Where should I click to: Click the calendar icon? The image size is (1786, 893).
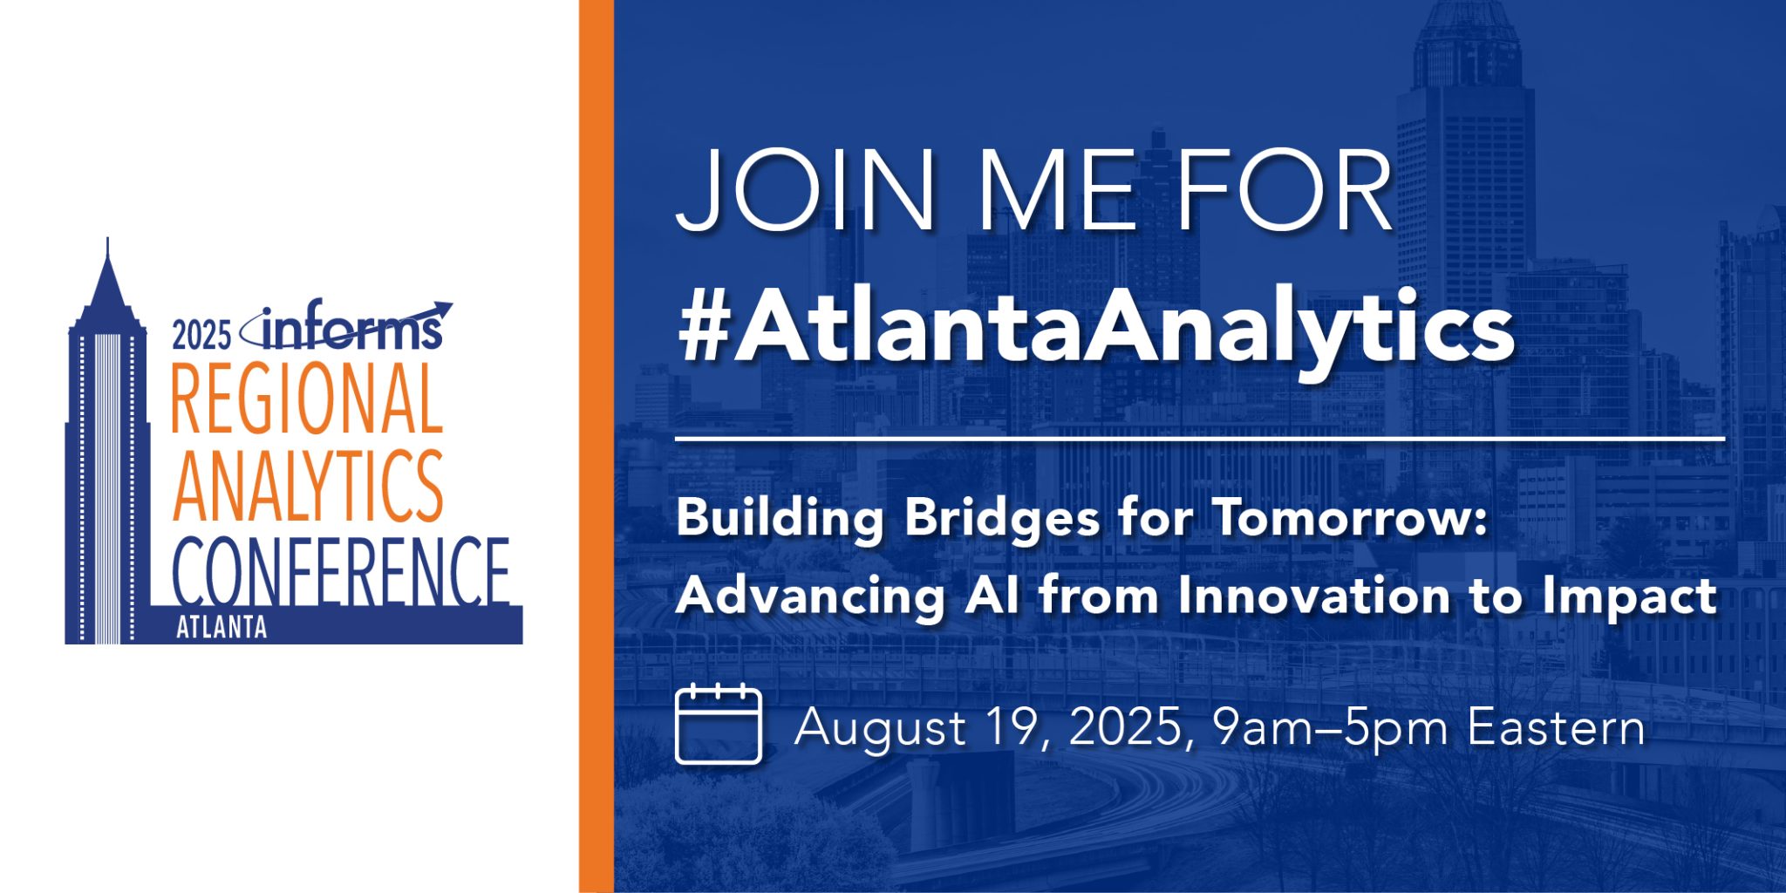point(719,725)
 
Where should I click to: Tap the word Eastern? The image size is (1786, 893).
point(1556,727)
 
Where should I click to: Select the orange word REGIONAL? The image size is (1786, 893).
point(307,399)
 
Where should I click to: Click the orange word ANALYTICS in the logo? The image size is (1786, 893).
point(307,485)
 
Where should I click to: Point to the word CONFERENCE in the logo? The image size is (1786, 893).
point(340,571)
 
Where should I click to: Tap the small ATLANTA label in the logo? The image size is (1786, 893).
point(222,628)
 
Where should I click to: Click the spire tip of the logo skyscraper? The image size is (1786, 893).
point(107,244)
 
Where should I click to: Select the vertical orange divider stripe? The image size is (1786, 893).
point(596,446)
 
